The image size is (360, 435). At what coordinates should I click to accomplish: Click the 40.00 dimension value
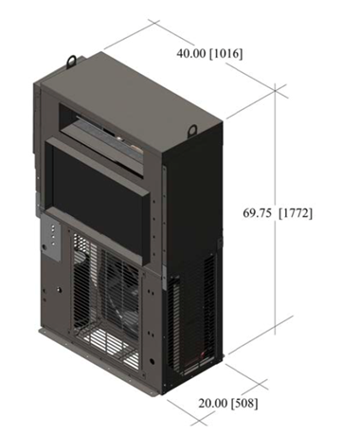pyautogui.click(x=190, y=53)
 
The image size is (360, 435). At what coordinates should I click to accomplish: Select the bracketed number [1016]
pyautogui.click(x=226, y=54)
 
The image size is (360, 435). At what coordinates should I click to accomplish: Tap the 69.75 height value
pyautogui.click(x=257, y=213)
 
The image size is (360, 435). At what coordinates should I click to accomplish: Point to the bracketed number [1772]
pyautogui.click(x=296, y=213)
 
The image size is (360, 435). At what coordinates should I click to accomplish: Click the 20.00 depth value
pyautogui.click(x=212, y=403)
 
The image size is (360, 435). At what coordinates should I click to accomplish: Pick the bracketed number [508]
pyautogui.click(x=244, y=404)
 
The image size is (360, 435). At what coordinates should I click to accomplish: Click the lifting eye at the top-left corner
pyautogui.click(x=72, y=60)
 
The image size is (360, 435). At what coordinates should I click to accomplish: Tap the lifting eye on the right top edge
pyautogui.click(x=192, y=130)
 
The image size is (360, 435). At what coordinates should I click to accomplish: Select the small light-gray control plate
pyautogui.click(x=50, y=237)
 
